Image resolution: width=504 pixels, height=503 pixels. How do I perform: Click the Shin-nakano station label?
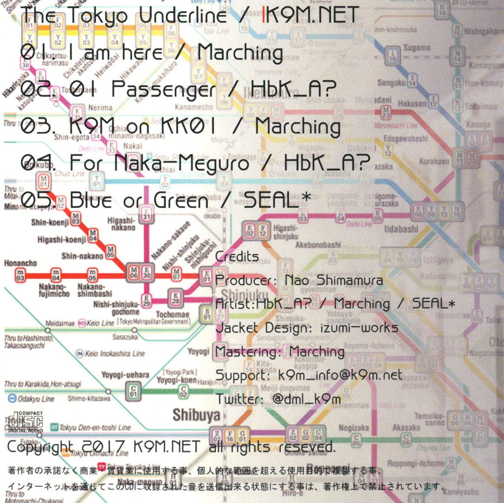tap(82, 256)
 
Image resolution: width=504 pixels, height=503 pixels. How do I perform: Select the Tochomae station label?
tap(173, 315)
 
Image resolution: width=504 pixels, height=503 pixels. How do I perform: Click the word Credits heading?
tap(237, 257)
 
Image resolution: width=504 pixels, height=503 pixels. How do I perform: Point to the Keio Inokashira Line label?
tap(114, 354)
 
